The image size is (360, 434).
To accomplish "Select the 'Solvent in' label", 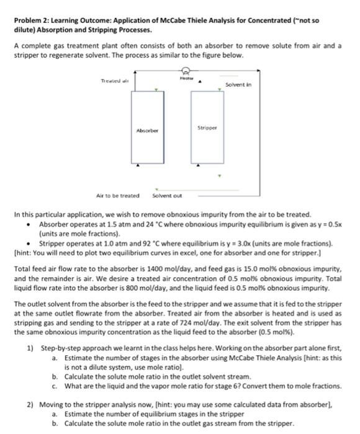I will (x=238, y=84).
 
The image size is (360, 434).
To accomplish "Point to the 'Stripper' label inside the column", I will (x=206, y=128).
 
